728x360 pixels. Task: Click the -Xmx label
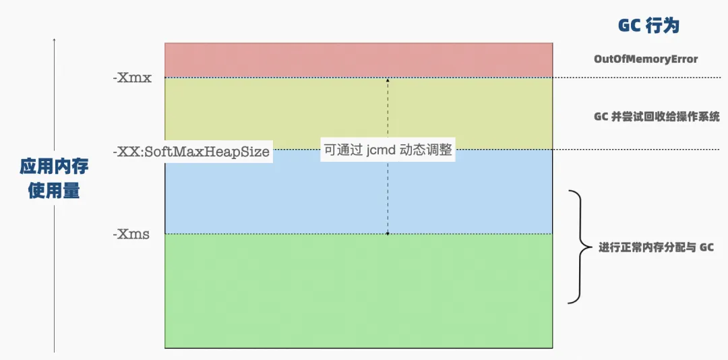[x=132, y=78]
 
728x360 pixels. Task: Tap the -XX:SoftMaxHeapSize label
[x=191, y=152]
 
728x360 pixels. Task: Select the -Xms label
[x=131, y=235]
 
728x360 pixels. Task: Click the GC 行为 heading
[x=648, y=26]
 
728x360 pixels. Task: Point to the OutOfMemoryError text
[x=646, y=59]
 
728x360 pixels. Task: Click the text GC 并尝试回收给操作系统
[x=657, y=117]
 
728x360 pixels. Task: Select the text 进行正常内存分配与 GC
[x=656, y=247]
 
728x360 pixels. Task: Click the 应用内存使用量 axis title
[x=54, y=179]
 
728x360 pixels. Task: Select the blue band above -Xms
[x=270, y=196]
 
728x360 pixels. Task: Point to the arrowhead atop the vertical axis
[x=55, y=40]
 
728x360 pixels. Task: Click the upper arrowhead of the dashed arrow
[x=388, y=80]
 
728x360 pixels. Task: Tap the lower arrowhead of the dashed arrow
[x=388, y=233]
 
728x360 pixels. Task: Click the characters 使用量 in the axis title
[x=54, y=191]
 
